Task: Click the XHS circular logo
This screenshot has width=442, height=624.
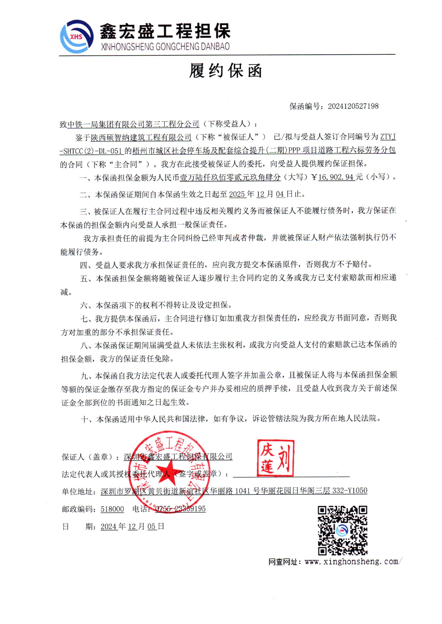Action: pos(76,36)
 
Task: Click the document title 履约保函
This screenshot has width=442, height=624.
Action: pos(226,71)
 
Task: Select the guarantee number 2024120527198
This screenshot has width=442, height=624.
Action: pos(353,106)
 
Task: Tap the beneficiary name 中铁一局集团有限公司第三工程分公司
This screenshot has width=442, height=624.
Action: pos(133,124)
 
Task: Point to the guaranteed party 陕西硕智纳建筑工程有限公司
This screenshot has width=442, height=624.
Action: pos(141,137)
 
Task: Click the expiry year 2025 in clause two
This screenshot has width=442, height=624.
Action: pos(237,194)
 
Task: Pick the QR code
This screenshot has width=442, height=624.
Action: pos(343,530)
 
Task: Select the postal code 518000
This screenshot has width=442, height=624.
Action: pos(112,509)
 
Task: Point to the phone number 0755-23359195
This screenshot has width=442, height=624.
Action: pos(180,509)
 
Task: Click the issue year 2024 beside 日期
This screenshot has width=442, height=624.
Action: pos(108,526)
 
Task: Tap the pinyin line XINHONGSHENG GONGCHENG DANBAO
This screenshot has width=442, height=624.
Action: pos(165,47)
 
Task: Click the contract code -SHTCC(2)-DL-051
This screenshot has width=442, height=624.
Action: pos(92,151)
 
